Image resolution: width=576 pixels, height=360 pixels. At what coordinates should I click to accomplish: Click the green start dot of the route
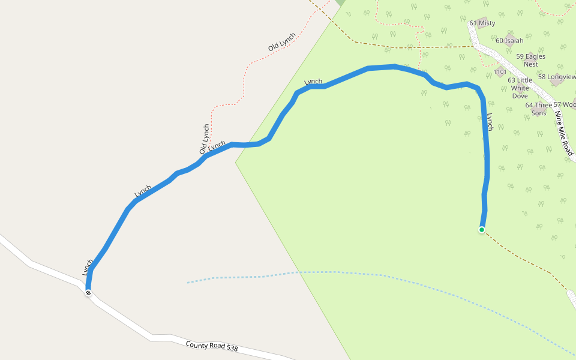coord(482,229)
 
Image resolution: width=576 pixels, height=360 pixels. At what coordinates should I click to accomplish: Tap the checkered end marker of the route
coord(88,293)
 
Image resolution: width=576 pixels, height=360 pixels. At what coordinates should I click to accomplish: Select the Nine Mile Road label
coord(563,133)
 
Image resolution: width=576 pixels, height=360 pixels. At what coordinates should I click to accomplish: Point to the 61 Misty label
coord(482,23)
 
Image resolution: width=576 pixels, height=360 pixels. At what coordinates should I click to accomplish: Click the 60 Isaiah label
coord(509,41)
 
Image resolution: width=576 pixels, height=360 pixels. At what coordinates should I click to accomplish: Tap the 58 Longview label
coord(557,77)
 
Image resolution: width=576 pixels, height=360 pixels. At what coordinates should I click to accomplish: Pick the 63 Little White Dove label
coord(520,88)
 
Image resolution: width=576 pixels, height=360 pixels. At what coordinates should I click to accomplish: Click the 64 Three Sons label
coord(538,109)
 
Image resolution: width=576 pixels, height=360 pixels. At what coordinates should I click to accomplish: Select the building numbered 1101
coord(500,72)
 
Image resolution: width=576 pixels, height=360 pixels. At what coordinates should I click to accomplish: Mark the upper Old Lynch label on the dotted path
coord(282,41)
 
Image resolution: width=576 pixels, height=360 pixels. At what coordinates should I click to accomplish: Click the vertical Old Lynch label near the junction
coord(205,139)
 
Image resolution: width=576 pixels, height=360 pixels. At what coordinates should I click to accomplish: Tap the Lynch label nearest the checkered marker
coord(88,267)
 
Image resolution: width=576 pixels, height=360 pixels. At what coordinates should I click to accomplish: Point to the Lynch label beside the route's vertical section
coord(490,122)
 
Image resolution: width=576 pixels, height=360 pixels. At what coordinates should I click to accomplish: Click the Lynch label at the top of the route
coord(313,82)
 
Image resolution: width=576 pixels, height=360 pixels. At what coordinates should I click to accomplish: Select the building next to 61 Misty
coord(482,22)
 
